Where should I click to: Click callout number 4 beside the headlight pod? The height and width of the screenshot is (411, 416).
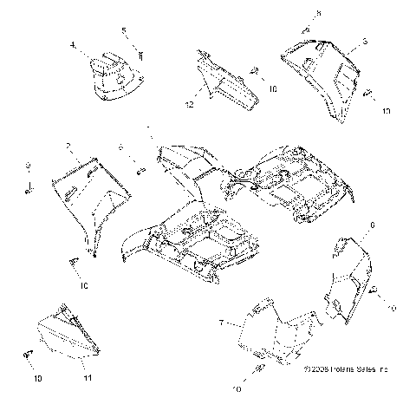(73, 44)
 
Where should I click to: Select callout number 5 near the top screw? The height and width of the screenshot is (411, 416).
(124, 31)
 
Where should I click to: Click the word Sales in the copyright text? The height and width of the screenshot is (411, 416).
(381, 393)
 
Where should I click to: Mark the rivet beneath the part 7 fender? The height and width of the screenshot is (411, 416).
(261, 371)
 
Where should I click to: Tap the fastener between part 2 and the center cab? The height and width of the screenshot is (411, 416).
(138, 169)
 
